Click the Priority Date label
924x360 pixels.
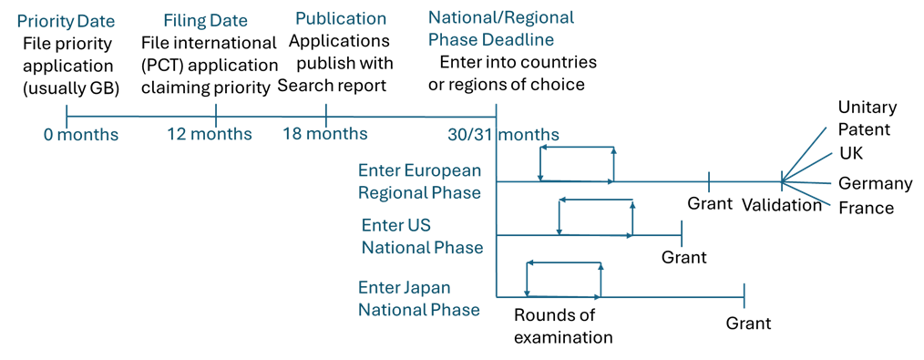click(66, 21)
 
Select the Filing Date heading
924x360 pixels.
click(205, 21)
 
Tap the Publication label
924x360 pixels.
click(341, 19)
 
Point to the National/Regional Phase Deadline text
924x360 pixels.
click(500, 29)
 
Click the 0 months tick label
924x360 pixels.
click(81, 135)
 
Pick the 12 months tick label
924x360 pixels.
click(210, 134)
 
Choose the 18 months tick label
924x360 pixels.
click(325, 134)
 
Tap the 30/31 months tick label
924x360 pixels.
click(503, 135)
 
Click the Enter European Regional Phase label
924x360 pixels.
click(420, 181)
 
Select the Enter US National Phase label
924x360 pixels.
click(422, 236)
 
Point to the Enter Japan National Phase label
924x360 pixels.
click(418, 299)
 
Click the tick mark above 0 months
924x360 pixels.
click(67, 116)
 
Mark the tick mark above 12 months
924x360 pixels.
click(216, 116)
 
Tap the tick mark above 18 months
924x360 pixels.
click(326, 116)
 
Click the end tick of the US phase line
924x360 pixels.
click(683, 234)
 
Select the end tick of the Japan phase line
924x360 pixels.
click(744, 296)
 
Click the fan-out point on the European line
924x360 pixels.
click(782, 181)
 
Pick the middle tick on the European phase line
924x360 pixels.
click(709, 181)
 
